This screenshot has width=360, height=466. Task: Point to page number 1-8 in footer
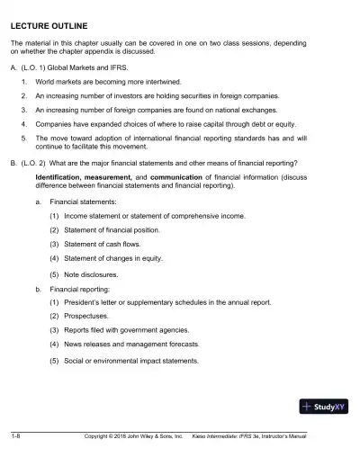[x=17, y=437]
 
